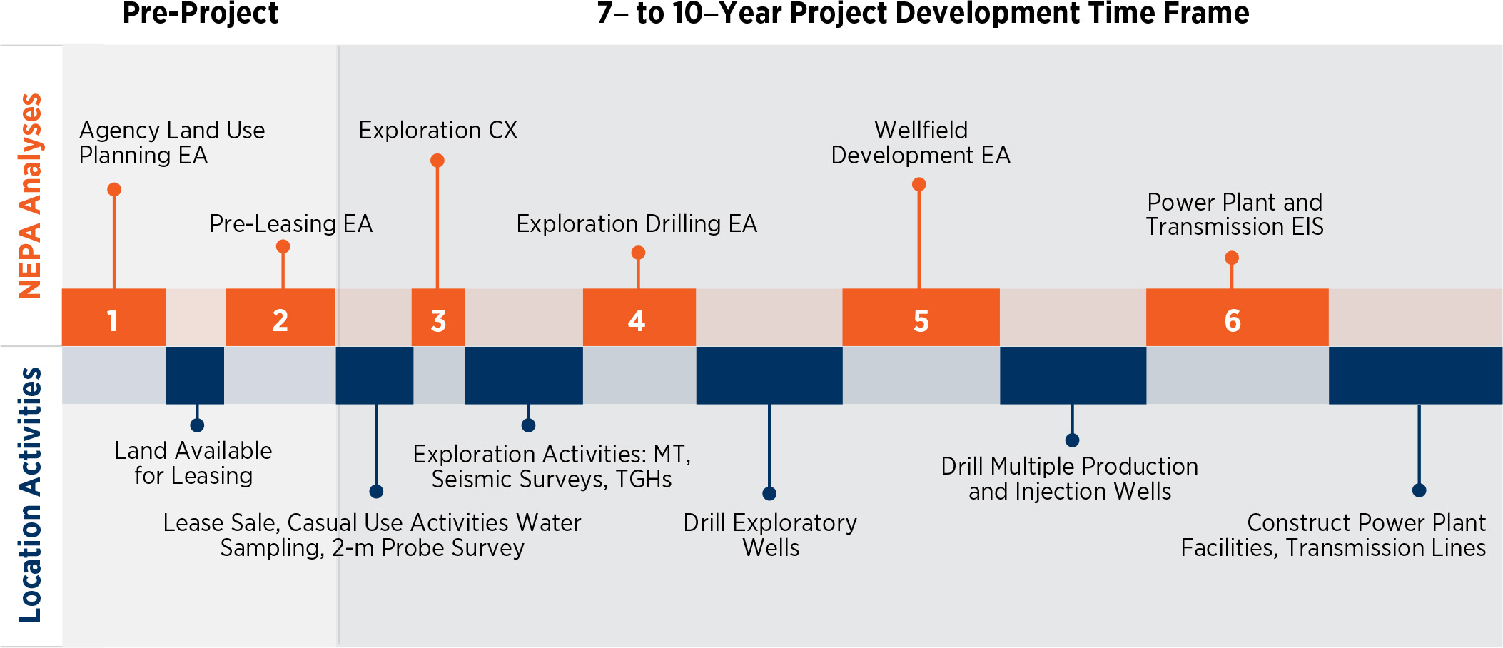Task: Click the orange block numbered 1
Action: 113,318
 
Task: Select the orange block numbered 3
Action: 438,318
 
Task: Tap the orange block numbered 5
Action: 921,318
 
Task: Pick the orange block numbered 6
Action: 1237,318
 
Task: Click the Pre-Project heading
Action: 200,13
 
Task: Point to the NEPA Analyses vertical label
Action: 30,196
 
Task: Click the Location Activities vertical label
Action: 30,494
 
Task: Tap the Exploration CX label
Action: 437,130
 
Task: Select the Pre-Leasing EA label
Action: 290,223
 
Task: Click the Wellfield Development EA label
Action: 921,142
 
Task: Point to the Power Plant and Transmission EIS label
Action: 1235,214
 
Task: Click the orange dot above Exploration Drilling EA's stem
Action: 638,253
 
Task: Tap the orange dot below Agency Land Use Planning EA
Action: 114,189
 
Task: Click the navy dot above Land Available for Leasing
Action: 197,425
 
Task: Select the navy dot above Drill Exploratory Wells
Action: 769,493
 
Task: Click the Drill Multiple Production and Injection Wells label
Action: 1069,478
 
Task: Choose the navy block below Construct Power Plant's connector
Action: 1415,375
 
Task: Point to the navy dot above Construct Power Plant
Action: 1419,490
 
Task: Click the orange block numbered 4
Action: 639,318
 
